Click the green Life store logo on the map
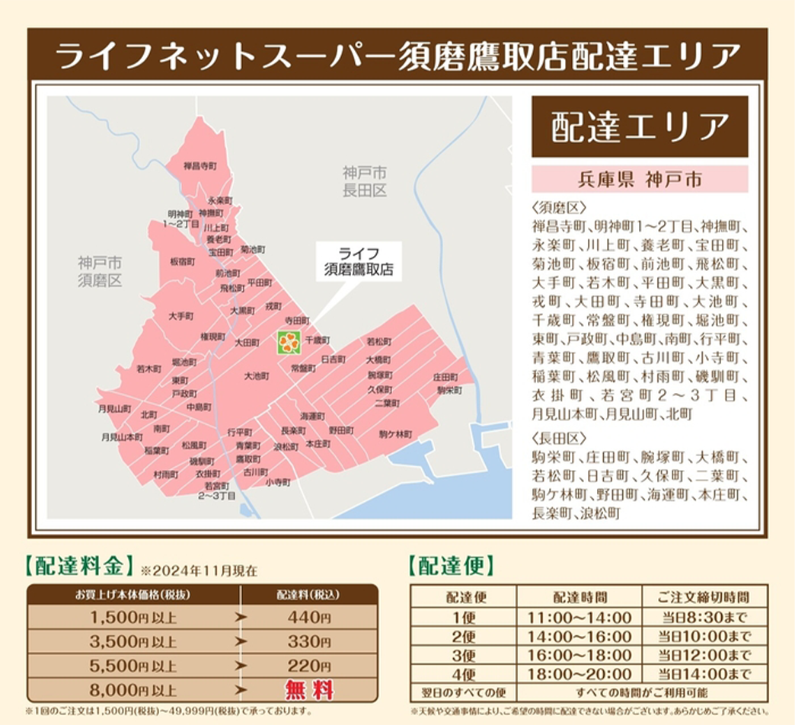coord(289,343)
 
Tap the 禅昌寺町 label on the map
coord(200,165)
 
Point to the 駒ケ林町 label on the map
coord(395,434)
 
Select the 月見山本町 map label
coord(122,437)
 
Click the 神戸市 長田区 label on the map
coord(364,181)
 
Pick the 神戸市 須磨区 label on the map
coord(100,271)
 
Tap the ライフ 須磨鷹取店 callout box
coord(358,260)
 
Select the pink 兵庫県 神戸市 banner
coord(639,180)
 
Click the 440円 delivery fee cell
coord(309,618)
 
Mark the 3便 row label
coord(463,655)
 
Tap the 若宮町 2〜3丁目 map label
coord(217,490)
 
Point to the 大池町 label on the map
coord(257,376)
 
